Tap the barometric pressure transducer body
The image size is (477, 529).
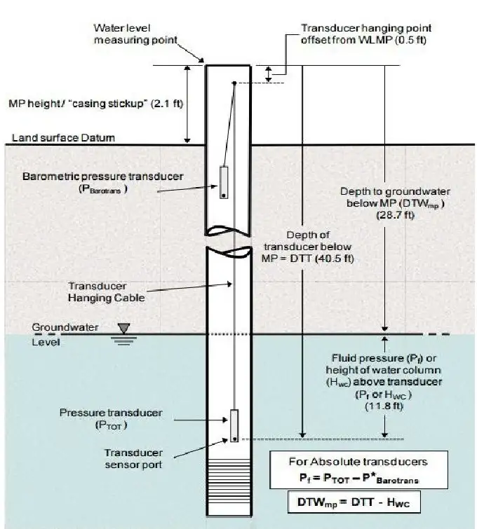point(224,182)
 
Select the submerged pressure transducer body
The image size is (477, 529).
point(234,425)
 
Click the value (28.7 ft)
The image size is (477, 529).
point(395,215)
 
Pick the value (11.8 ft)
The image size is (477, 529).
point(384,406)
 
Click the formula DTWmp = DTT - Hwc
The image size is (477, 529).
point(354,502)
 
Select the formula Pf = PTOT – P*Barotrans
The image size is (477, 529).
point(358,479)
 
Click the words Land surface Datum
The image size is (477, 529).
point(63,137)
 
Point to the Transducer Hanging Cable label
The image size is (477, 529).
point(106,292)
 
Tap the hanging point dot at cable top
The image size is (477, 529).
point(234,83)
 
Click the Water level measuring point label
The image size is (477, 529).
point(135,34)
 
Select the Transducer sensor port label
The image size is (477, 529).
point(133,458)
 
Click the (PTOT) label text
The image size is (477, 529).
point(111,425)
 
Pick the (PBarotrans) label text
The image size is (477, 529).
point(102,189)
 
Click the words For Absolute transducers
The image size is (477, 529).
point(358,461)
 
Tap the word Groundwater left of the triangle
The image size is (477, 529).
point(65,327)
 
